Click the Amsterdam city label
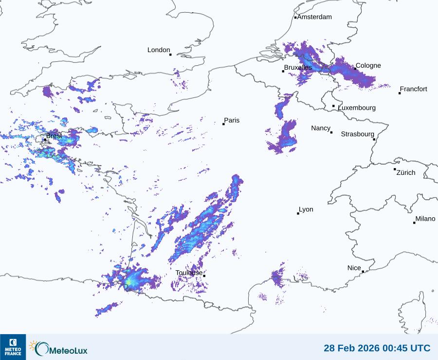[314, 17]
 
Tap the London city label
[159, 50]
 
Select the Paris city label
[232, 120]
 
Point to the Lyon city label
[306, 209]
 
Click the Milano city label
[425, 219]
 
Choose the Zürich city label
[406, 172]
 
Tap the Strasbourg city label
[357, 134]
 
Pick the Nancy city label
[321, 128]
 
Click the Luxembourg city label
[357, 108]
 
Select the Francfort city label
[413, 89]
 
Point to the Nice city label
[354, 268]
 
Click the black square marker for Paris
[223, 124]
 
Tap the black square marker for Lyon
[298, 213]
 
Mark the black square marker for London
[170, 55]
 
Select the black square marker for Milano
[414, 223]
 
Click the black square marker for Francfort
[400, 93]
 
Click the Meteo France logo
[13, 347]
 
